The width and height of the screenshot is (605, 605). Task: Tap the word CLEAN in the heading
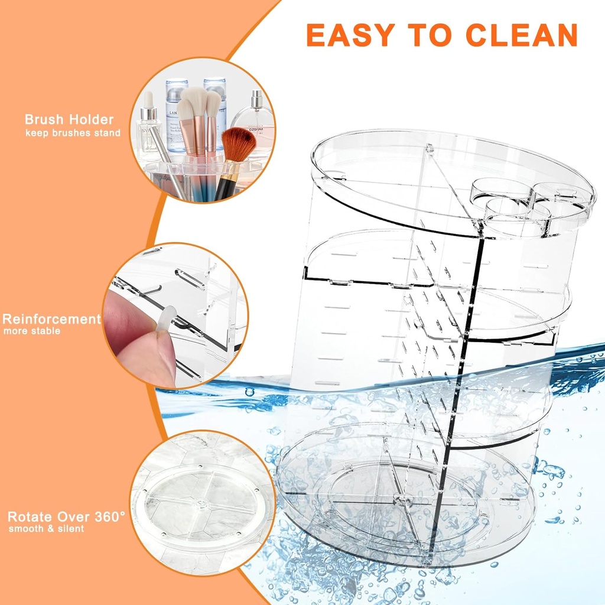[x=521, y=35]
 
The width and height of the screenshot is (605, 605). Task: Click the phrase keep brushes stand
[x=73, y=133]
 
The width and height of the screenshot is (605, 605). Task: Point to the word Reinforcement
[x=51, y=319]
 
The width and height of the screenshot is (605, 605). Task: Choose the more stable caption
[x=32, y=331]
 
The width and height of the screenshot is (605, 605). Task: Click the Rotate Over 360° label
[x=66, y=516]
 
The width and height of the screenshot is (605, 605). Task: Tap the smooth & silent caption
[x=46, y=528]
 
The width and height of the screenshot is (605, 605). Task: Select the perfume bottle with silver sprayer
[x=255, y=118]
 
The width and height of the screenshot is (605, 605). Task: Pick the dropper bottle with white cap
[x=149, y=127]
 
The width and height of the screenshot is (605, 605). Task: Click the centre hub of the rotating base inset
[x=203, y=505]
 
